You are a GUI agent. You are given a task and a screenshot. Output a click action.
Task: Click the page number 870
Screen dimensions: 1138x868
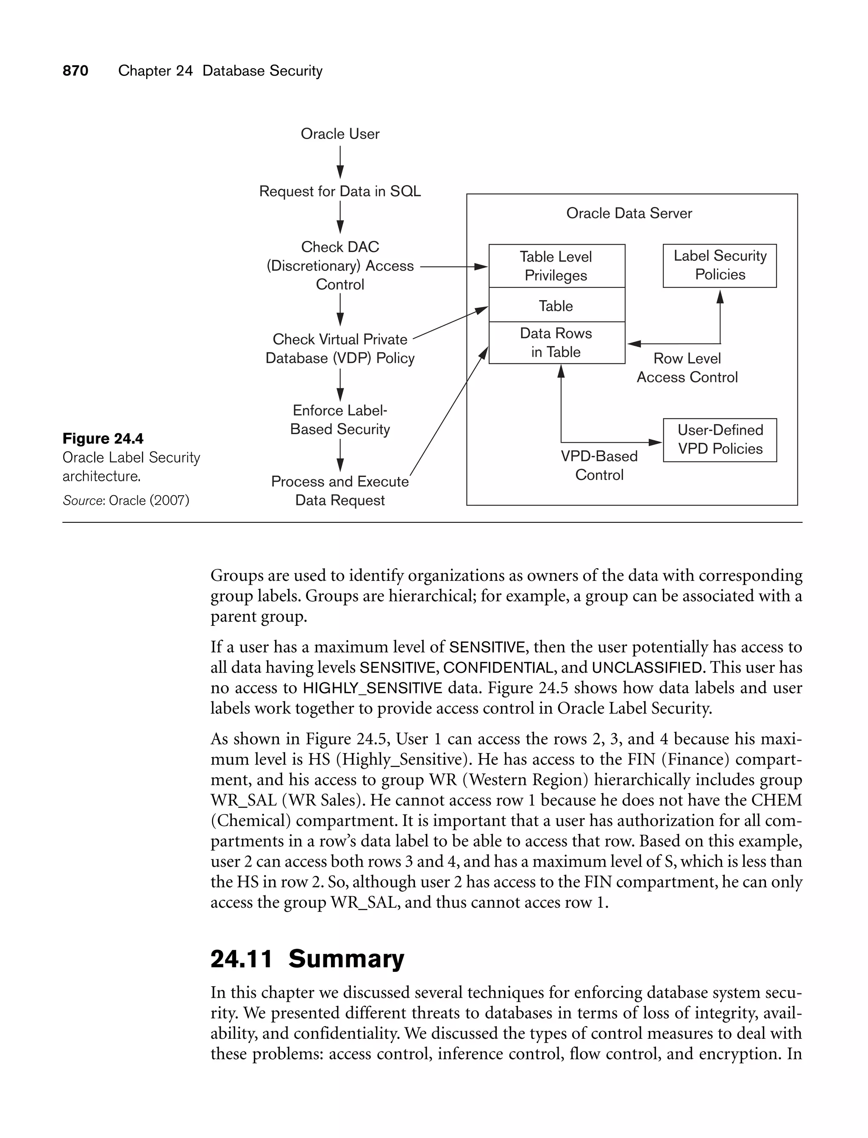[75, 71]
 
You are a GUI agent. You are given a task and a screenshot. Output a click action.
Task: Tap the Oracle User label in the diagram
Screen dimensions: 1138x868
[340, 134]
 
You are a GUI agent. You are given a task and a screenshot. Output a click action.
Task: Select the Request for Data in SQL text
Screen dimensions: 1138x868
[340, 191]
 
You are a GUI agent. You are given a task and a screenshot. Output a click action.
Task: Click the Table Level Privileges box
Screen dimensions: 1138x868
[556, 266]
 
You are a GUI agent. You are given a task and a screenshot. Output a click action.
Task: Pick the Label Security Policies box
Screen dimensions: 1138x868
[720, 265]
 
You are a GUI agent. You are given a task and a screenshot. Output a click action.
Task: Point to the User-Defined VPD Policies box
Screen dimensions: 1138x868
[720, 440]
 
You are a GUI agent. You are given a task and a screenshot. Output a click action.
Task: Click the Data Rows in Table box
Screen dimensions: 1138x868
[556, 343]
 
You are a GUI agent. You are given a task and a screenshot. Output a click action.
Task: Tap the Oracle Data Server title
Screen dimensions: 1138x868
[629, 213]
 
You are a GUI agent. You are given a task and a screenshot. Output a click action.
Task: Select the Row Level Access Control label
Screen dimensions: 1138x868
[687, 368]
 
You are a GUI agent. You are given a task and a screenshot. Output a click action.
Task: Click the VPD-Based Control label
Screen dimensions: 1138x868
[599, 465]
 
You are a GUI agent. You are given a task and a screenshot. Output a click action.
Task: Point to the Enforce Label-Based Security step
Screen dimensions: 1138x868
[340, 420]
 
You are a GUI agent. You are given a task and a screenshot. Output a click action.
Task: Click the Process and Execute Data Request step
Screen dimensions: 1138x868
[340, 491]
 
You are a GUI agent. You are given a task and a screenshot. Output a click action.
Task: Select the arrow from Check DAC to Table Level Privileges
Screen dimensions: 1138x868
[453, 267]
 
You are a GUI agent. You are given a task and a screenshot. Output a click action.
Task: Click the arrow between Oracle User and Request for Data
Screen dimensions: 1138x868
[340, 162]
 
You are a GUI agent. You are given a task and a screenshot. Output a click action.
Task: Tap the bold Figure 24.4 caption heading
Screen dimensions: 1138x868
[103, 438]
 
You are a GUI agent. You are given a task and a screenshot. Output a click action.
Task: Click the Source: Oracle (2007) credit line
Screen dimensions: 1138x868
[126, 500]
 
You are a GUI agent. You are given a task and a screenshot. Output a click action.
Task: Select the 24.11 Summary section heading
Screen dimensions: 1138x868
[307, 959]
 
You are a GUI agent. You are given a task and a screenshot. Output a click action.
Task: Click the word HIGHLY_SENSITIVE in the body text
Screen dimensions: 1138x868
[372, 688]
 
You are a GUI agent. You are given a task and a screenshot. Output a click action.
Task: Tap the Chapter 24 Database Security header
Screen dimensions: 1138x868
[220, 71]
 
